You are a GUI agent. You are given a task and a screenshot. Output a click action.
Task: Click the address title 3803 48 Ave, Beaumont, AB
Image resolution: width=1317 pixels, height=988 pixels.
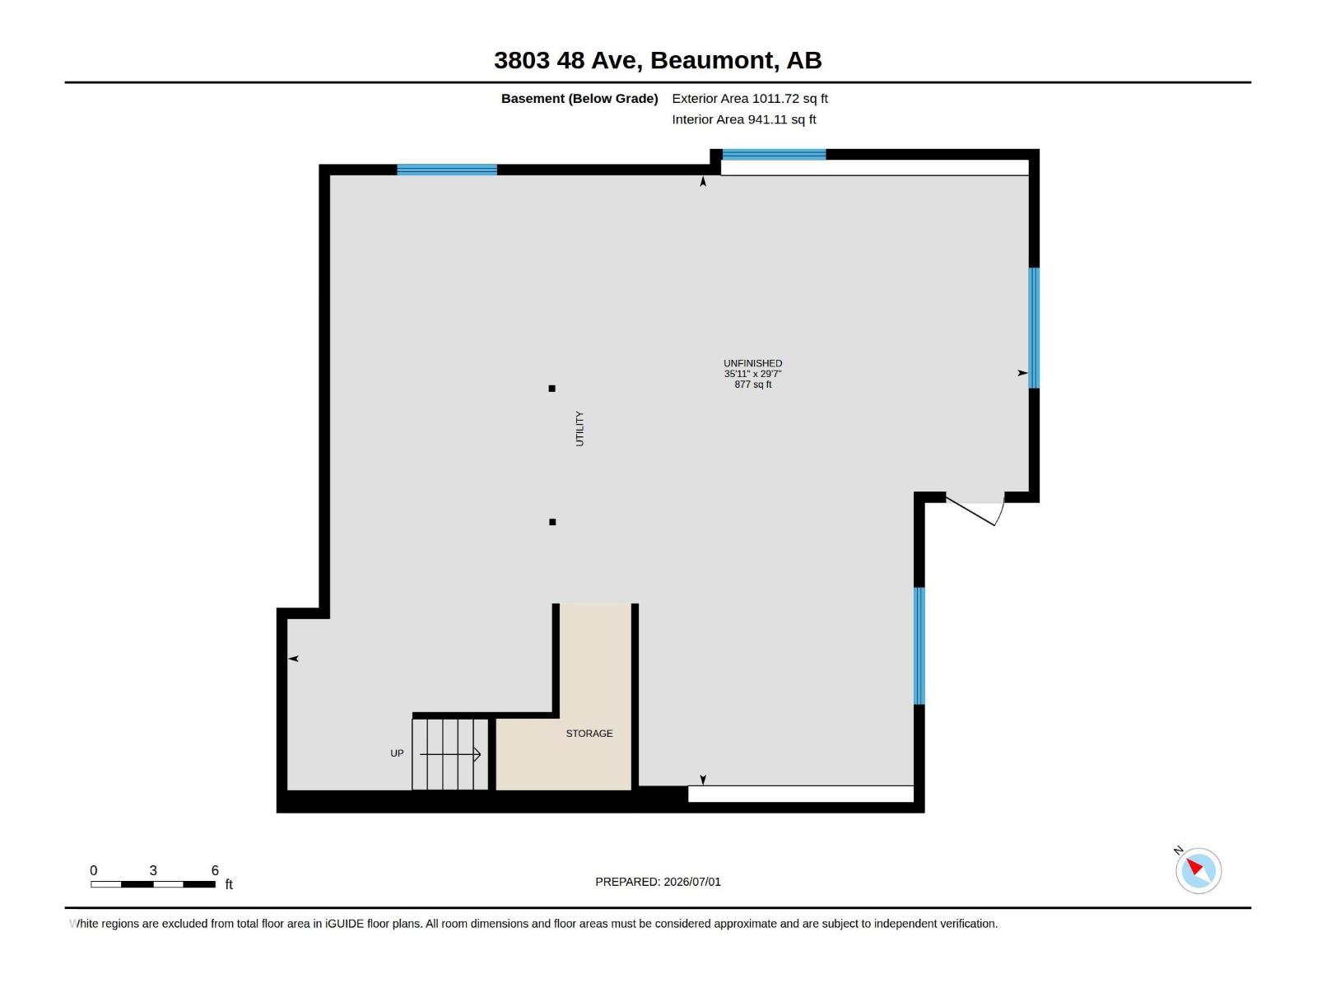[658, 60]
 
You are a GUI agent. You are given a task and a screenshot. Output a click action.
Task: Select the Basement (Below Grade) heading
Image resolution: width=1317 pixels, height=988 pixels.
[579, 98]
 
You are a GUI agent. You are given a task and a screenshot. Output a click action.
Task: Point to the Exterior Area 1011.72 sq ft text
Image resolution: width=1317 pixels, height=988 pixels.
[749, 98]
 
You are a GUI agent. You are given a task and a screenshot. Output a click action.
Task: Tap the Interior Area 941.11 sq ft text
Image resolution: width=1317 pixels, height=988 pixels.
[744, 119]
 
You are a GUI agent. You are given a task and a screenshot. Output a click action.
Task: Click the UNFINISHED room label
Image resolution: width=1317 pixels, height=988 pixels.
[752, 364]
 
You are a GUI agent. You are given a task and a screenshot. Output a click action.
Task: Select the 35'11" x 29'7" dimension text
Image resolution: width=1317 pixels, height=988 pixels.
[752, 374]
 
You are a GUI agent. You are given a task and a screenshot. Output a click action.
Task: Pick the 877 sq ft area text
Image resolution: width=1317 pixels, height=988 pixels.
[752, 384]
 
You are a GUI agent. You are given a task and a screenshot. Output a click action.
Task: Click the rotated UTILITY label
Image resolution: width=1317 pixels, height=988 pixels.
[579, 428]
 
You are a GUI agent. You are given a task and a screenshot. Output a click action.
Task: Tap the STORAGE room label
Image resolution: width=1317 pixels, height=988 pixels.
[589, 733]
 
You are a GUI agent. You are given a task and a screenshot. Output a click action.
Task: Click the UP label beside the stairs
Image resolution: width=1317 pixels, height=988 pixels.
[398, 753]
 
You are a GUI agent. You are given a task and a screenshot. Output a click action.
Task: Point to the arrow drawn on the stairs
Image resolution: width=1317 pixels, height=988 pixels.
[450, 754]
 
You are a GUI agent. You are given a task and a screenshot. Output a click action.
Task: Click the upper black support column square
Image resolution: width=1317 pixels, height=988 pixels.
[552, 389]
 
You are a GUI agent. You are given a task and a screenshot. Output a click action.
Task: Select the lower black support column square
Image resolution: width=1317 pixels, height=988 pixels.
[552, 522]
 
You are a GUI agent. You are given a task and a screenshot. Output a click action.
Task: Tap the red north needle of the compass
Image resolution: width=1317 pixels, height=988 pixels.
[1194, 865]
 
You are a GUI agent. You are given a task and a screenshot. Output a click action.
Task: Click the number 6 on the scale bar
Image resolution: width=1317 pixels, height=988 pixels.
[215, 870]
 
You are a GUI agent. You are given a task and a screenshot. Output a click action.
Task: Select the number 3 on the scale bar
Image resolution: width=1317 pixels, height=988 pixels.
[153, 870]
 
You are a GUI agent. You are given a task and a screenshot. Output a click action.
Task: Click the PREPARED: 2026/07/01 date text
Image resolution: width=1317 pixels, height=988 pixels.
[658, 882]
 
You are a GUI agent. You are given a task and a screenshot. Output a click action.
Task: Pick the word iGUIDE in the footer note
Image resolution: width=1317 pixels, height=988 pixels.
[344, 924]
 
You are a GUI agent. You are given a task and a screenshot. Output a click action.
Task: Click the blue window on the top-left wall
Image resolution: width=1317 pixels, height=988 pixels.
[447, 170]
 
